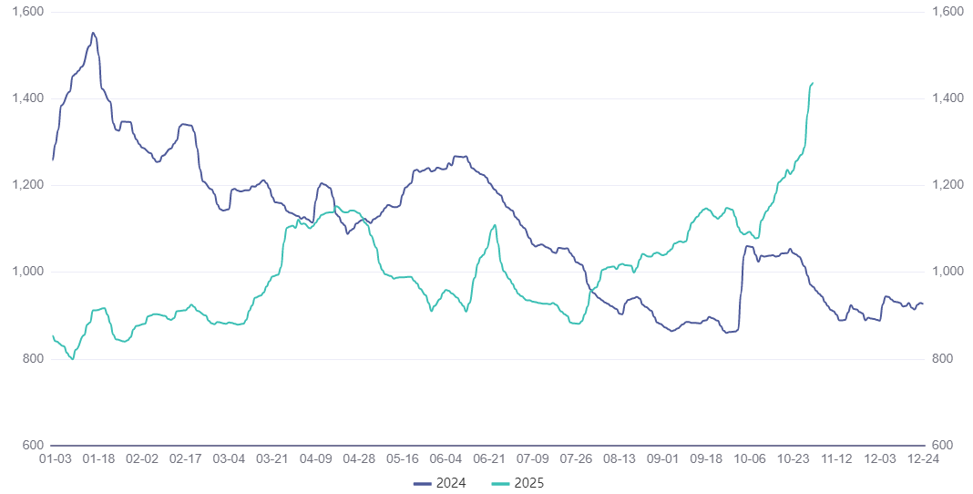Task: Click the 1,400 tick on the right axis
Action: (947, 98)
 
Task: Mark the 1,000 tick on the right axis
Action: (947, 272)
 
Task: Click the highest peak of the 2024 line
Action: (93, 33)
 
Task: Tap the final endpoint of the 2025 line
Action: (813, 83)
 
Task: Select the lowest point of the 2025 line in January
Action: (73, 359)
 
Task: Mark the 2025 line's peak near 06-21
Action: (495, 225)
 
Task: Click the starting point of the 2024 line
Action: (53, 160)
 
